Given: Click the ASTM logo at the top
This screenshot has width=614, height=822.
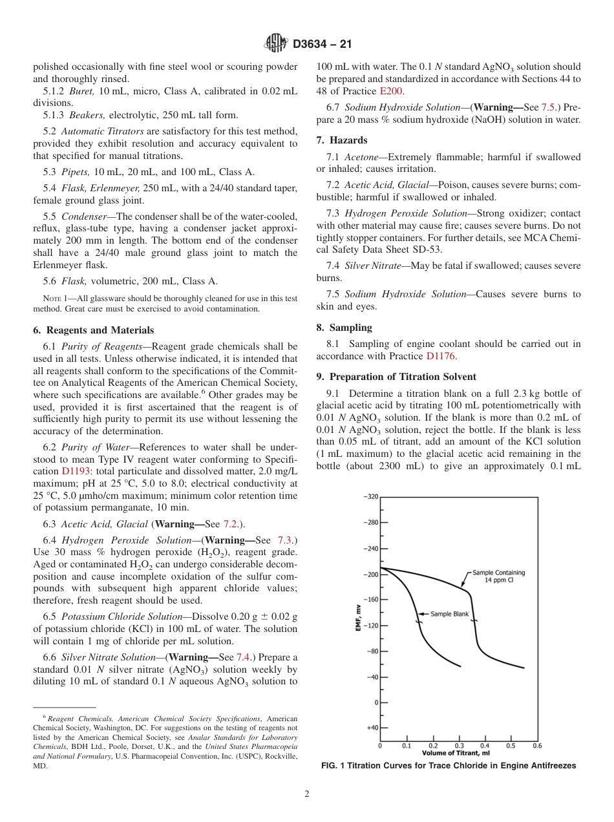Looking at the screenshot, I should tap(277, 44).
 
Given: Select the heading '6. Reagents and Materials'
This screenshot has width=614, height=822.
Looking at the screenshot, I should tap(93, 330).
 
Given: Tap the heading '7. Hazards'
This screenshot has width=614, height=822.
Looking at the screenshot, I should tap(341, 140).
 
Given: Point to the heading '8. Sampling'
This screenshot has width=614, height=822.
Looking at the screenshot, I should tap(344, 327).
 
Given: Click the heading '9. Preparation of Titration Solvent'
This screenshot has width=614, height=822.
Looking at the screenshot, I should tap(396, 377).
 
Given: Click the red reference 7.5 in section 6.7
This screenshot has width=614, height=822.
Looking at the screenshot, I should tap(549, 108).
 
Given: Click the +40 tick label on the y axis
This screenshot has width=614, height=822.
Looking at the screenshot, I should tap(372, 728).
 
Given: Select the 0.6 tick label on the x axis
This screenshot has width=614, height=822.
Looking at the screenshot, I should tap(537, 746).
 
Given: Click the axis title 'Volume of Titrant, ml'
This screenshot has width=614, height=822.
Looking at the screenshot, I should tap(456, 753).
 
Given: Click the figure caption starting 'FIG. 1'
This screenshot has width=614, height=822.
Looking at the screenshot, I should tap(449, 766).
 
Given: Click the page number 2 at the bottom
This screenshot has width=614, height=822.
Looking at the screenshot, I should tap(307, 794).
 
